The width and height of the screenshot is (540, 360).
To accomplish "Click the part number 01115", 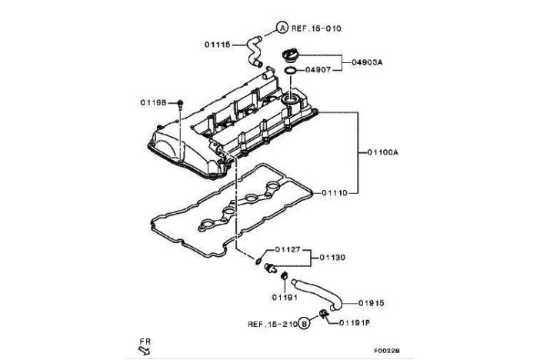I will pyautogui.click(x=218, y=45).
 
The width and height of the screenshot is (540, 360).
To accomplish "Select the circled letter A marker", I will pyautogui.click(x=282, y=28).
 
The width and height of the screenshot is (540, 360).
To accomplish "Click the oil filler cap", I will pyautogui.click(x=292, y=56).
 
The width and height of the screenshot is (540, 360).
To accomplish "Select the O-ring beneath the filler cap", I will pyautogui.click(x=289, y=73).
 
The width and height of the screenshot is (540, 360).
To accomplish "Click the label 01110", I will pyautogui.click(x=336, y=192).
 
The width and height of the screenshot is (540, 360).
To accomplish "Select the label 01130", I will pyautogui.click(x=333, y=257).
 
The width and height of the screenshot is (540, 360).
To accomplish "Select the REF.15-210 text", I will pyautogui.click(x=270, y=324).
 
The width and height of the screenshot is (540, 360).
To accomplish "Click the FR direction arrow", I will pyautogui.click(x=143, y=349).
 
